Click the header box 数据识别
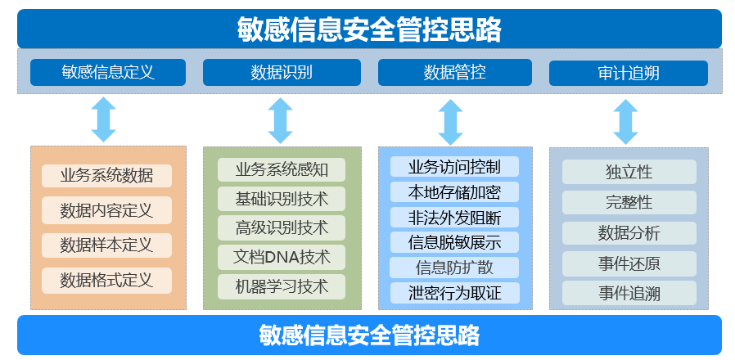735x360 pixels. [x=281, y=73]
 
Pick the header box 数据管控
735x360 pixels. [x=454, y=73]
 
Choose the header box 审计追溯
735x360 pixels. [x=628, y=73]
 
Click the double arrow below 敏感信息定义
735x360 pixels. [x=104, y=119]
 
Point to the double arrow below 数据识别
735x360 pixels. [x=280, y=121]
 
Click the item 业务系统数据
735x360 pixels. [x=106, y=175]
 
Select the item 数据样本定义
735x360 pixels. [x=106, y=245]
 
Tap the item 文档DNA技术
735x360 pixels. [x=282, y=257]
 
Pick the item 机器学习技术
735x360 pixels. [x=282, y=286]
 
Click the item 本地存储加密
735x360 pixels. [x=454, y=192]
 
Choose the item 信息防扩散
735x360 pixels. [x=454, y=268]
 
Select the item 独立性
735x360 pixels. [x=629, y=172]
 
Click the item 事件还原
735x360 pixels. [x=629, y=263]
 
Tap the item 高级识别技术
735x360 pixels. [x=282, y=227]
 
